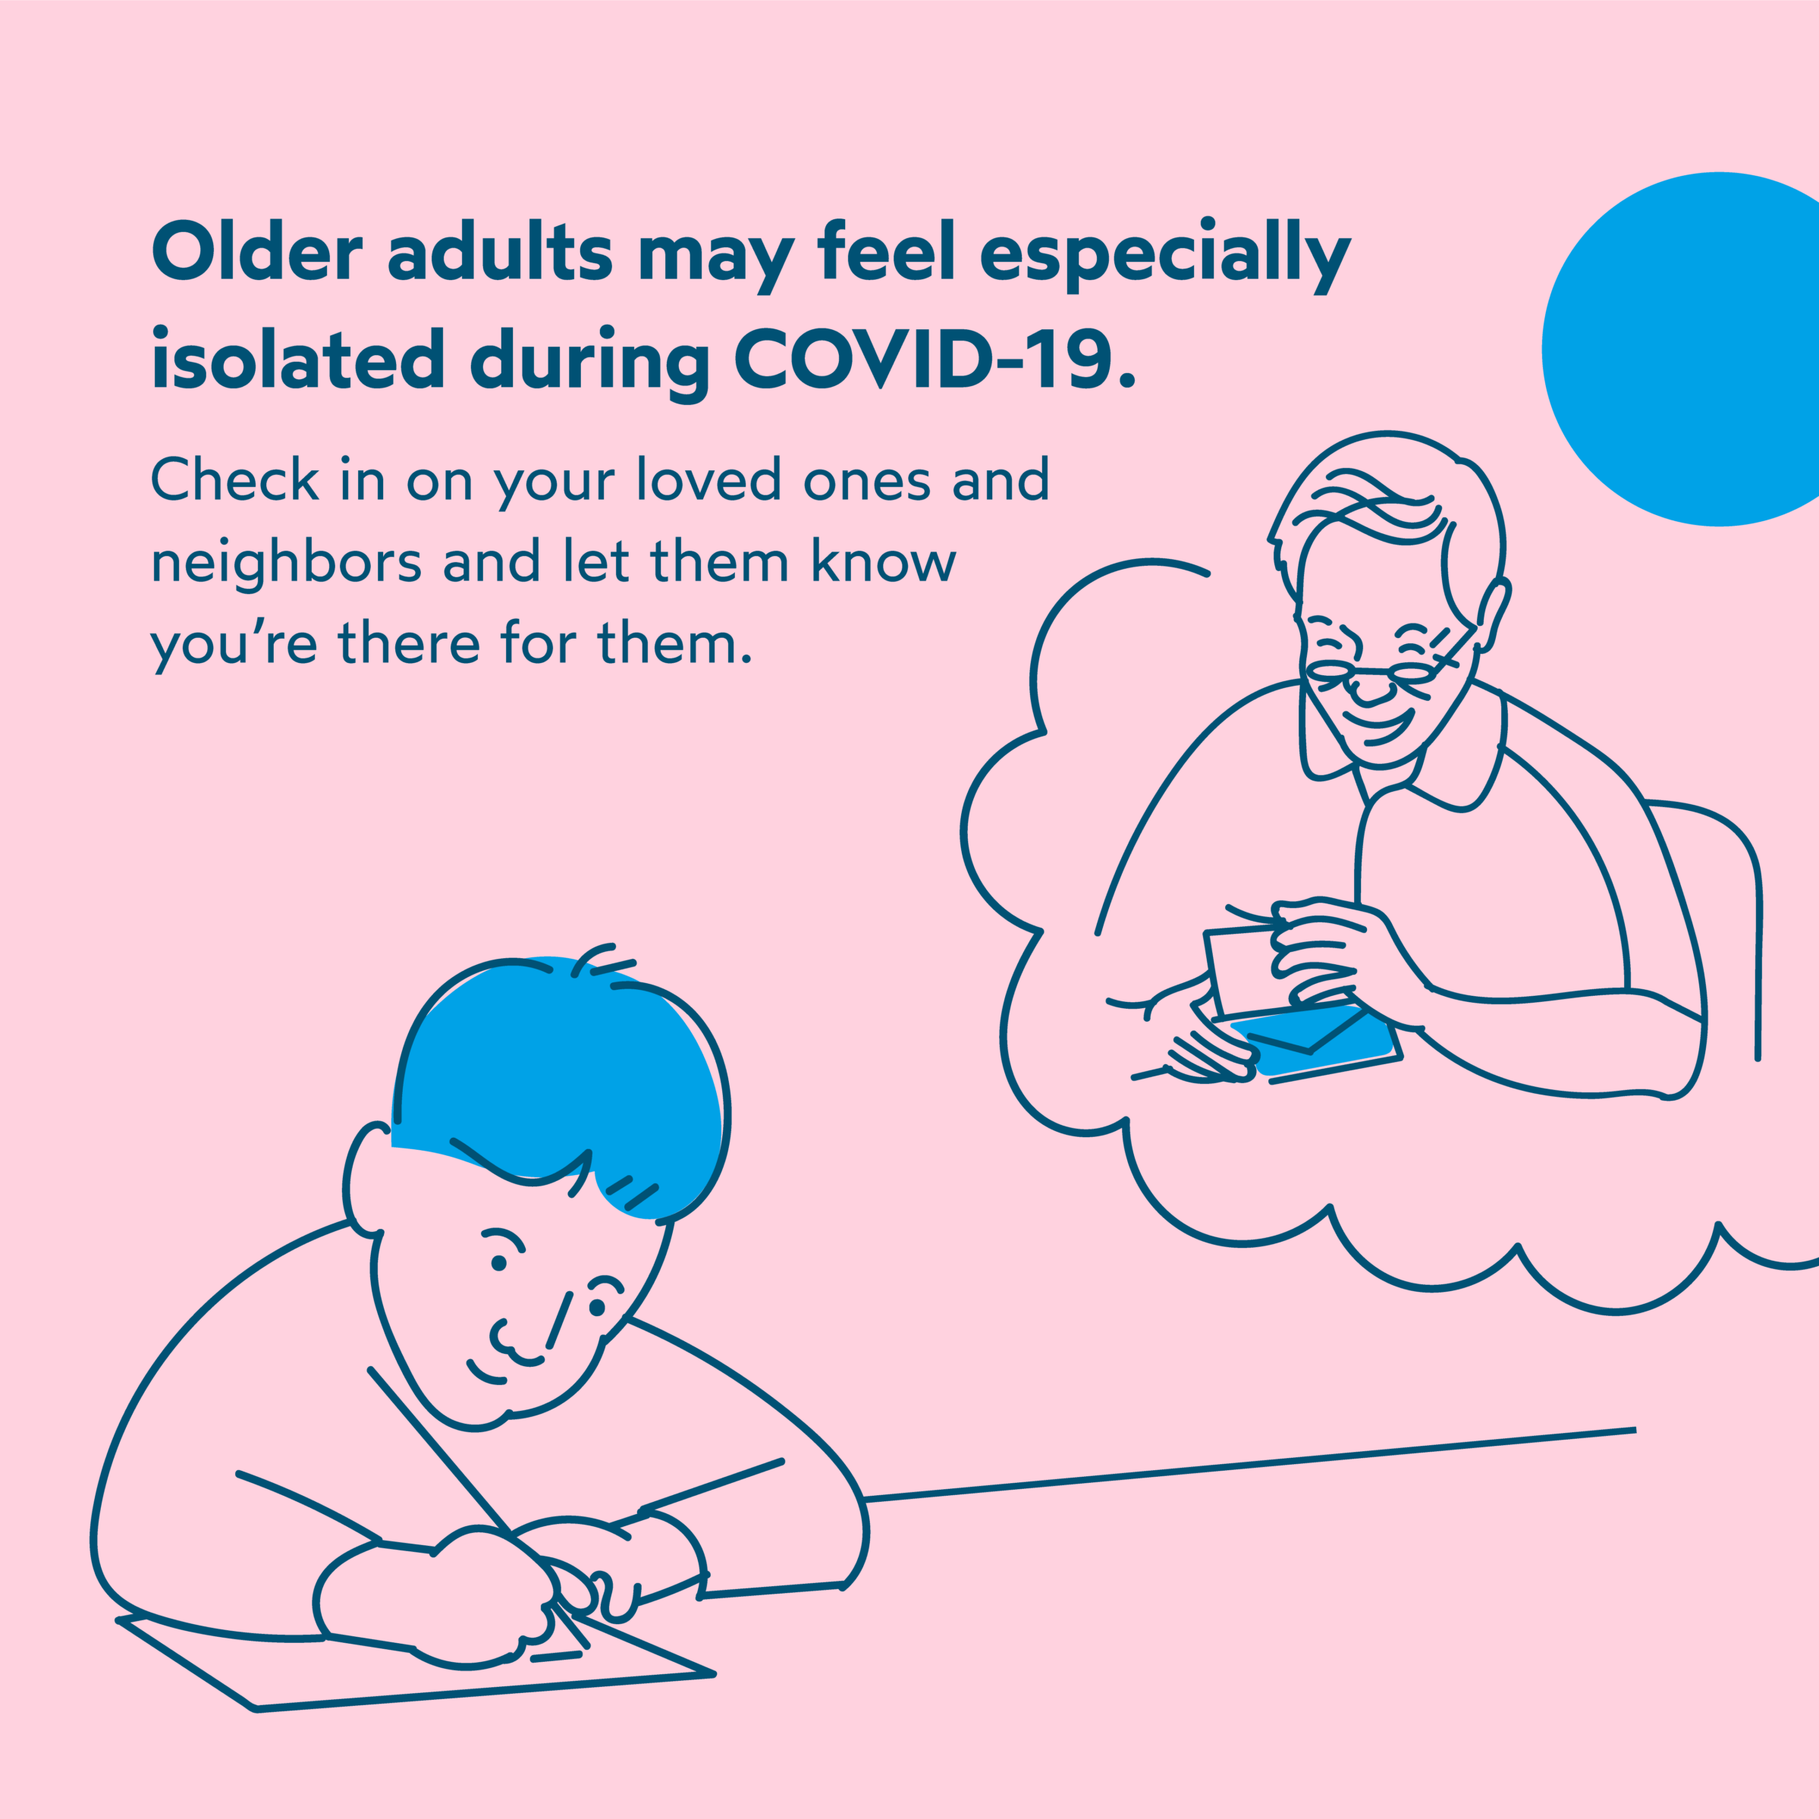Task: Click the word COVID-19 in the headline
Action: (935, 360)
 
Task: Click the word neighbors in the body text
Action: (284, 564)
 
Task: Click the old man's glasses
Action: (1384, 671)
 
